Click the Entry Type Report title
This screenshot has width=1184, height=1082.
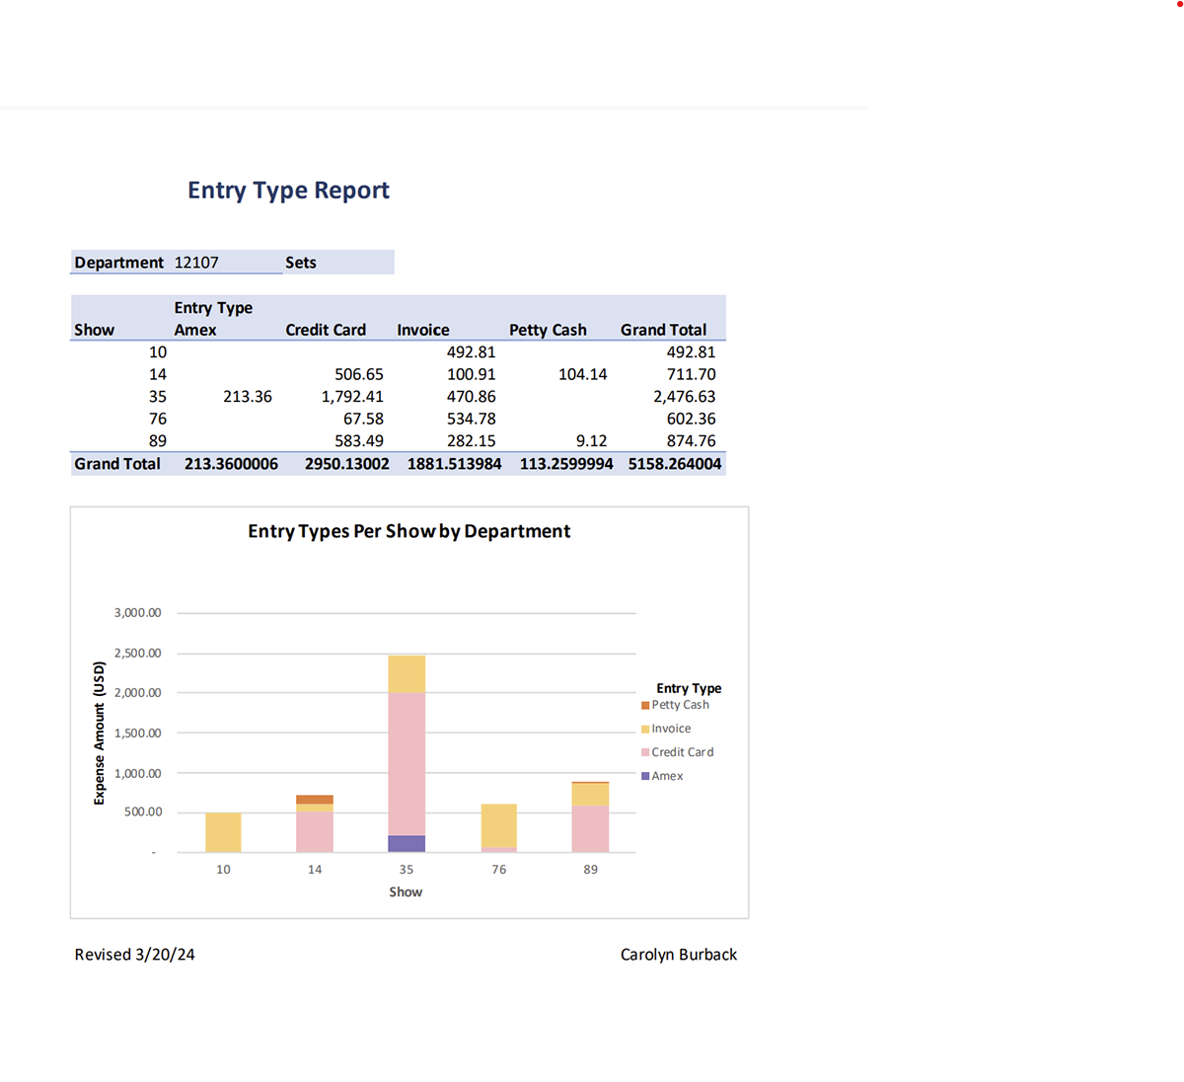(288, 191)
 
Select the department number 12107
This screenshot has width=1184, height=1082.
(196, 263)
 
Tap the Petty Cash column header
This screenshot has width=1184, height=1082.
(548, 330)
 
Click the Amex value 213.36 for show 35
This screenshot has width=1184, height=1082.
(247, 397)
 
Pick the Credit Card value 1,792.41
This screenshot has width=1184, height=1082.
(352, 397)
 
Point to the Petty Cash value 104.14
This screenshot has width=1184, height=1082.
(582, 374)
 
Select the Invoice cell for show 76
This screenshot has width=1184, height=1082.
(471, 419)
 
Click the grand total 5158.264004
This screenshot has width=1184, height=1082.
(674, 464)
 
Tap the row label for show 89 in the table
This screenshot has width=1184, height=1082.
(158, 441)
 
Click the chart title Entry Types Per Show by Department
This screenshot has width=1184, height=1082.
(408, 531)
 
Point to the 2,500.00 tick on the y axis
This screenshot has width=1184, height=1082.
(137, 654)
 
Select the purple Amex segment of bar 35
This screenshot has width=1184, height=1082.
(407, 844)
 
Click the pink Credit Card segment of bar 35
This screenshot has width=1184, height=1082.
(407, 763)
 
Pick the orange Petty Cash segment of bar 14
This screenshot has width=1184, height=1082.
(315, 800)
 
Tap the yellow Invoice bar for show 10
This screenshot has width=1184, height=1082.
(223, 832)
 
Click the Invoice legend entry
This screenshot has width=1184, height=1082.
(671, 729)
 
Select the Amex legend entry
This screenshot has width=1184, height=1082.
(667, 776)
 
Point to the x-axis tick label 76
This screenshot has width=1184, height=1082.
(499, 870)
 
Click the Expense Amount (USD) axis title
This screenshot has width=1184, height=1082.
(99, 733)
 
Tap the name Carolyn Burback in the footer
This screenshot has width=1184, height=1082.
(678, 955)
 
